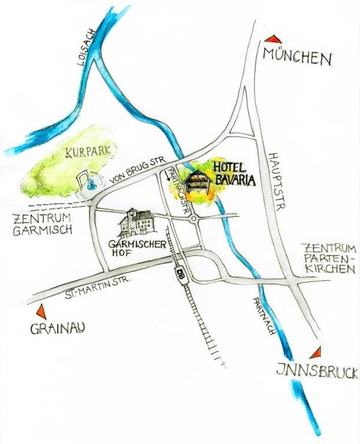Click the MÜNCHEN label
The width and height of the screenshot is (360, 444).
[x=298, y=58]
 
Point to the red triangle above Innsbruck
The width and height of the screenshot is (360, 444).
[x=316, y=353]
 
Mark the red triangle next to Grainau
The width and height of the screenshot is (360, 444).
[x=41, y=312]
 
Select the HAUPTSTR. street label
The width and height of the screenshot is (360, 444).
[x=277, y=178]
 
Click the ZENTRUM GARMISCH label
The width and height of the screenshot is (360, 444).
[x=42, y=223]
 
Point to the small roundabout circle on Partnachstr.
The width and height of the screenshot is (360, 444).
[x=194, y=220]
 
